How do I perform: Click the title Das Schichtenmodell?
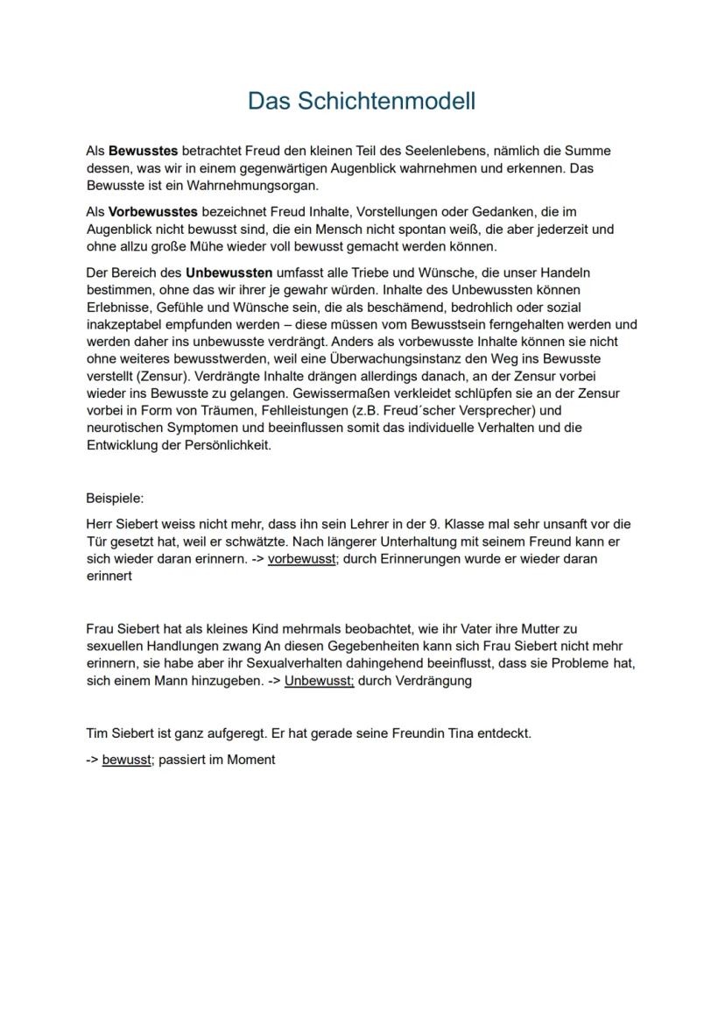pyautogui.click(x=362, y=101)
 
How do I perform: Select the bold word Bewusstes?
pyautogui.click(x=143, y=152)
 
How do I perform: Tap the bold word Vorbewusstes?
pyautogui.click(x=153, y=212)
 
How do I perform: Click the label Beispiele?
pyautogui.click(x=115, y=498)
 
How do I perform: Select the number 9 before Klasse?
pyautogui.click(x=433, y=524)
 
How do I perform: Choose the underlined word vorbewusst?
pyautogui.click(x=301, y=559)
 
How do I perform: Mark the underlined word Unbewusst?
pyautogui.click(x=319, y=681)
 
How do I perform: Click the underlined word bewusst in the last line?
pyautogui.click(x=127, y=760)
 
